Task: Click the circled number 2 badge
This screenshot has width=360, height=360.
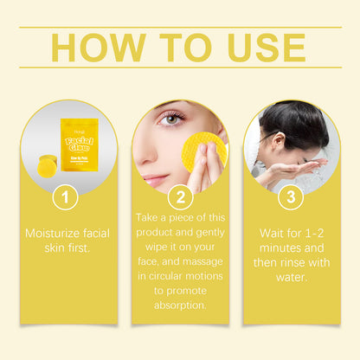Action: coord(180,198)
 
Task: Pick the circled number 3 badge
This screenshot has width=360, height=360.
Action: coord(291,198)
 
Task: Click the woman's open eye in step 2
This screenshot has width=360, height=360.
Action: coord(172,119)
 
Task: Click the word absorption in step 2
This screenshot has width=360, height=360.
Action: coord(180,305)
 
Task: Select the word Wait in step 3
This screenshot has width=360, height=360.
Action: coord(273,234)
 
